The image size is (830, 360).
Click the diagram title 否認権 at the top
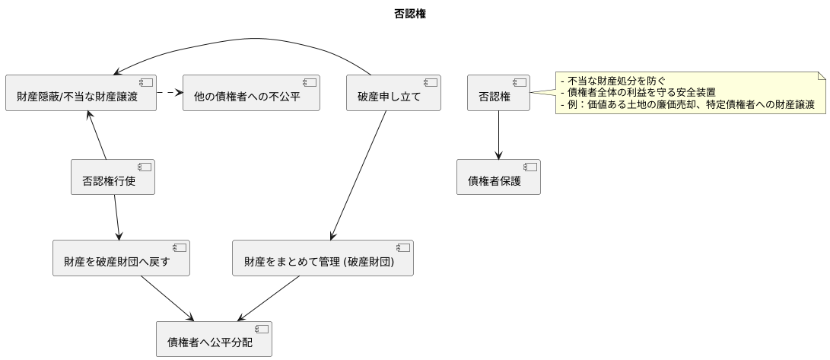tap(415, 13)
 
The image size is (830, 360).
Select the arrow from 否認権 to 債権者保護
tap(498, 135)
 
